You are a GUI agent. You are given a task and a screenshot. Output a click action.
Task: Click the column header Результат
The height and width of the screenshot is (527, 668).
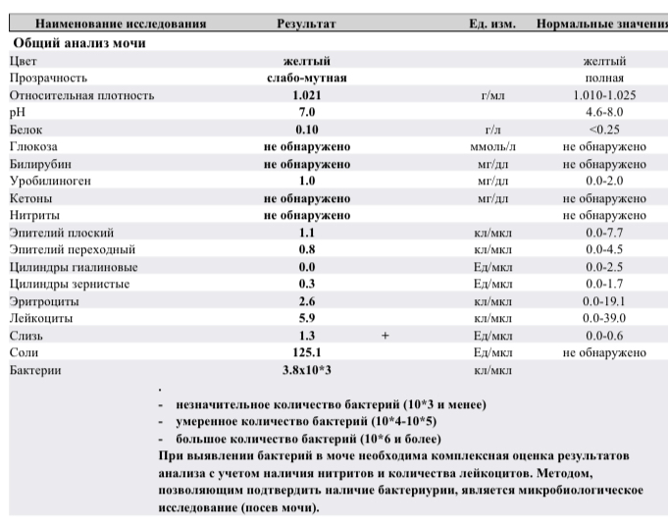[307, 23]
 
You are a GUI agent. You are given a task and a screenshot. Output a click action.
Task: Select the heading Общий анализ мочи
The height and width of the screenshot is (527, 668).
[79, 43]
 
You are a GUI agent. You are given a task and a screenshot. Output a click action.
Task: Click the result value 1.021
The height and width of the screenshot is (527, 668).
[306, 95]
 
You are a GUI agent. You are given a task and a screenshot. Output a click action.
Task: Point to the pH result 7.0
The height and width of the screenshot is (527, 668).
[306, 113]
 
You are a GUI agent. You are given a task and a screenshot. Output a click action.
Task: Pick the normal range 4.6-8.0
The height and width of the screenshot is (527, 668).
[604, 113]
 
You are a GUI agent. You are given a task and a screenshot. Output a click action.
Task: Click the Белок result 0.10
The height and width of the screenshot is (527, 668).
[306, 130]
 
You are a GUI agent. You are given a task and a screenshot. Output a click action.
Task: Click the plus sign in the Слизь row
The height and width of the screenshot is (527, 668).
[385, 336]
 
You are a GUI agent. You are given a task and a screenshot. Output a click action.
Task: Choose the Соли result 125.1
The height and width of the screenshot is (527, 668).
[306, 352]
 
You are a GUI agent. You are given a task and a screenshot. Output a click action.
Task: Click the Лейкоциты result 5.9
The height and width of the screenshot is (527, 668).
[306, 318]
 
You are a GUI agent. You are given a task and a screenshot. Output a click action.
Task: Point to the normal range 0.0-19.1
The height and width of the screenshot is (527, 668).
[604, 301]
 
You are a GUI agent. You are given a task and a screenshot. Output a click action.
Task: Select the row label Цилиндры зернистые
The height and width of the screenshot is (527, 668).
[73, 284]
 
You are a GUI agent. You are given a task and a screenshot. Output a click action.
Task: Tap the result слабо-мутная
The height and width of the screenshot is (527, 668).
[307, 78]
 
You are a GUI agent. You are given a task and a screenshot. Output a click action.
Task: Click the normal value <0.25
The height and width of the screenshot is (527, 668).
[604, 130]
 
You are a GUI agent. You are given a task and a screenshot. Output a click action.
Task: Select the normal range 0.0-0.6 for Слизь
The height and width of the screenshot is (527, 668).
[604, 336]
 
